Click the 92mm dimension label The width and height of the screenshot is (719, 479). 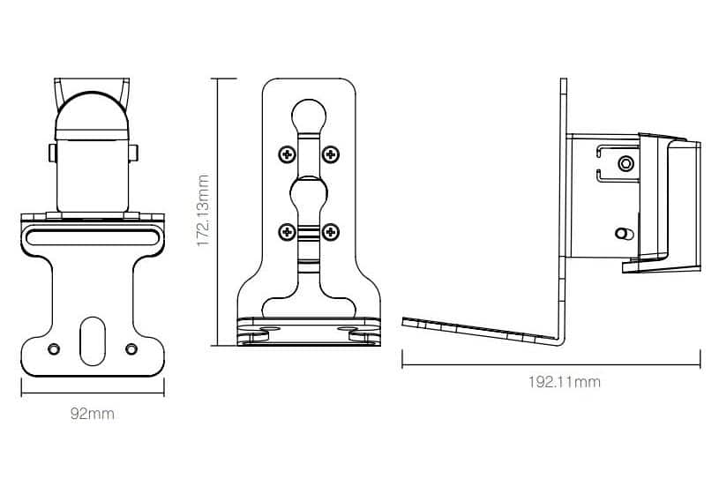(92, 414)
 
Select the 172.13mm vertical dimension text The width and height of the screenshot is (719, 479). (203, 211)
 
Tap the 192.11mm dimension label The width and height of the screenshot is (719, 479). (564, 382)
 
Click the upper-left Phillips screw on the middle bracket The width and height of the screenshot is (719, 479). (288, 154)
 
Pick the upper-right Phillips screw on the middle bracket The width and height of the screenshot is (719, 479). (331, 154)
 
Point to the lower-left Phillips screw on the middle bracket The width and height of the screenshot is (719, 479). (288, 232)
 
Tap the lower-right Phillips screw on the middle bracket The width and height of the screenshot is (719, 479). (331, 232)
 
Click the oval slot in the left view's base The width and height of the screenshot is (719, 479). (92, 341)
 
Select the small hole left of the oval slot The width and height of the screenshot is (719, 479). (54, 348)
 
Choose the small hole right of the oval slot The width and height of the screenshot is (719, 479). (131, 348)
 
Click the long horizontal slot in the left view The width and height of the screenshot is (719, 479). (92, 237)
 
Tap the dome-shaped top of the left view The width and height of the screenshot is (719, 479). (92, 116)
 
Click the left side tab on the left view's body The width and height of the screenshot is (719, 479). (52, 153)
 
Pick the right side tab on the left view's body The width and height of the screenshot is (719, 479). (133, 153)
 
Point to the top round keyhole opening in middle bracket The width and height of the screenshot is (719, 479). (309, 115)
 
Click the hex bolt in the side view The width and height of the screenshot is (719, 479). (625, 163)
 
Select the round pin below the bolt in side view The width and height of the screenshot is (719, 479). (624, 234)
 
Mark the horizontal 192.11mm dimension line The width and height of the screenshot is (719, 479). (551, 365)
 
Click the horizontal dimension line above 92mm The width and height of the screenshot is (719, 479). (93, 393)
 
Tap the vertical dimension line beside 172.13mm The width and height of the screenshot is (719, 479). (217, 212)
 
